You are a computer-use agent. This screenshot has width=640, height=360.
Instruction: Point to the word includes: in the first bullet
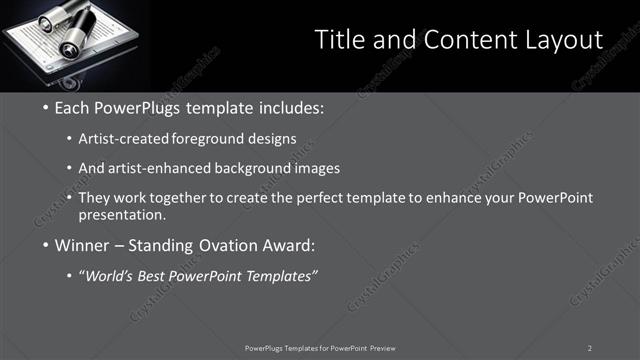[x=290, y=107]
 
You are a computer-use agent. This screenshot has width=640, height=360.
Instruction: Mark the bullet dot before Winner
[x=46, y=245]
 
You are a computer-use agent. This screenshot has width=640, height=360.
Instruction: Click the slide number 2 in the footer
[x=590, y=348]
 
